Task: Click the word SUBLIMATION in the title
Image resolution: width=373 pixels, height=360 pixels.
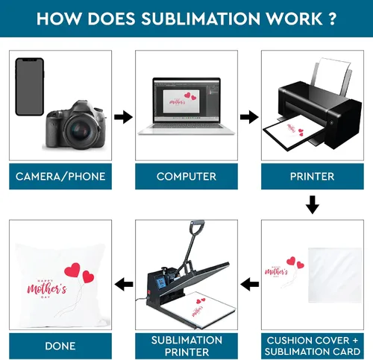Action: [x=201, y=19]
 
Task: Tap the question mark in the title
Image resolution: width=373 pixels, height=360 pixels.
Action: [x=333, y=19]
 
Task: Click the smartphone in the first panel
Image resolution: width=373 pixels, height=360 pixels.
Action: [x=30, y=86]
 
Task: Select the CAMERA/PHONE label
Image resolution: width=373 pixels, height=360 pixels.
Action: [x=60, y=177]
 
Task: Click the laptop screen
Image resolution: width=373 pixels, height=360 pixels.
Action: [x=186, y=100]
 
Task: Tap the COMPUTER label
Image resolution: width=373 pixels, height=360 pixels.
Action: [x=186, y=177]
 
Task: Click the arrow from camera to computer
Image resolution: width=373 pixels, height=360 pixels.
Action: [x=123, y=117]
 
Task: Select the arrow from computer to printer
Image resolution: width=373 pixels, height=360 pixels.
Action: [x=249, y=117]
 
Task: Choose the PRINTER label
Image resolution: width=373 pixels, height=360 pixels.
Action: [x=313, y=177]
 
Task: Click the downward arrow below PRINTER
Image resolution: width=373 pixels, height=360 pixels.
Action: [x=313, y=205]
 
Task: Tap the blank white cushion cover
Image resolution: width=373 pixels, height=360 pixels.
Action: [x=335, y=275]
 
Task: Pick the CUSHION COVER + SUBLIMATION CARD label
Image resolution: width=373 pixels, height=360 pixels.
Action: [x=313, y=346]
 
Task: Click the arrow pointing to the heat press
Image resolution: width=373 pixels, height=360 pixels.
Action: [x=249, y=284]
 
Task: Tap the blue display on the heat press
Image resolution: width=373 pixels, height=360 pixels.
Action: [x=160, y=282]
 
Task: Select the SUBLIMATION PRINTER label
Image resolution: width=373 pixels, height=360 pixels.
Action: [x=186, y=346]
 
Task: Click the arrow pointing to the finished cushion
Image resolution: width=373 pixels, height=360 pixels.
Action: [x=124, y=284]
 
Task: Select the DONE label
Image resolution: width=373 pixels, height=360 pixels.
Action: [x=60, y=346]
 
